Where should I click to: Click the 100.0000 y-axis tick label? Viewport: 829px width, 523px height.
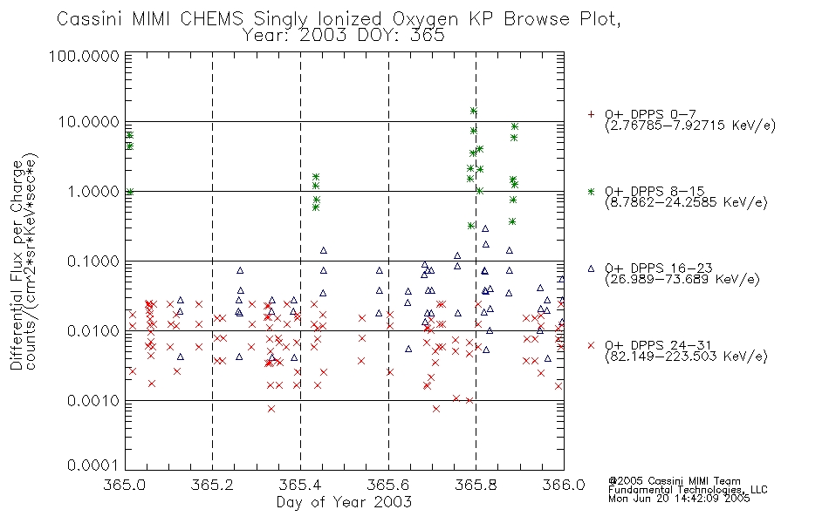pos(84,56)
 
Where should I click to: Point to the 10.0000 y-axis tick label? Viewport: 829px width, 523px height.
pos(88,122)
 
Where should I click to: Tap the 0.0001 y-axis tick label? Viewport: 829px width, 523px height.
pos(93,465)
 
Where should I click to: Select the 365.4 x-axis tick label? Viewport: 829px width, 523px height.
pos(300,485)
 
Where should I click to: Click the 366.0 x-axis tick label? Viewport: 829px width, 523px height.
pos(564,485)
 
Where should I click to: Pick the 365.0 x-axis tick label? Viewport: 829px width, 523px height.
pos(125,485)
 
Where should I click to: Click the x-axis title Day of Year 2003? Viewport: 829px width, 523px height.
pos(344,502)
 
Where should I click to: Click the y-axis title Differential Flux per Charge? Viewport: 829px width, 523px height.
pos(17,264)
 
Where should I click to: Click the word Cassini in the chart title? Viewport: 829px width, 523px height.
pos(90,19)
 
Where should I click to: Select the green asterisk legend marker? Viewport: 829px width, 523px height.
pos(591,192)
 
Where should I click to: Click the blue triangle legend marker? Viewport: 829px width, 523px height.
pos(591,268)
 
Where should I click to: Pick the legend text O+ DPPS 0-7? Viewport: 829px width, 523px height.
pos(650,115)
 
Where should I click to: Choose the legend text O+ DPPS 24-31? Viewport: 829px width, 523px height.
pos(658,345)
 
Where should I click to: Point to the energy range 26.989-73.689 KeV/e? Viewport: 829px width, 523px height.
pos(682,280)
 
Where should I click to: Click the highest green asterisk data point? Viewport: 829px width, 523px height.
pos(473,111)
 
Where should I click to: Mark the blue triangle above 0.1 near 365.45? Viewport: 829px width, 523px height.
pos(324,250)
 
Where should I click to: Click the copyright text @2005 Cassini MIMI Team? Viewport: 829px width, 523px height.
pos(674,481)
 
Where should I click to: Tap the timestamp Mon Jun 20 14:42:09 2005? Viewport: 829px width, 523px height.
pos(679,499)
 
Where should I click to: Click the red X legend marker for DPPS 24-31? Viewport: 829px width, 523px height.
pos(591,345)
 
